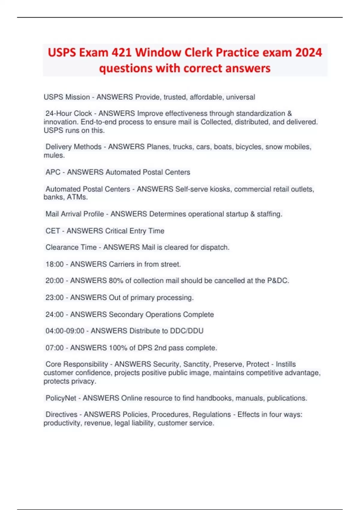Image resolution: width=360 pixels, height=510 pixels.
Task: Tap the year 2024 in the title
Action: (x=308, y=52)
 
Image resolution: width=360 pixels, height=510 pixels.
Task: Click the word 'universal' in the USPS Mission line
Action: (x=240, y=97)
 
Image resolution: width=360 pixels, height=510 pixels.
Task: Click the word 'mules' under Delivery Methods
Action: (x=54, y=155)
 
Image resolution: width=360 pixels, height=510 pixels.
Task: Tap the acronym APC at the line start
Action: (x=53, y=172)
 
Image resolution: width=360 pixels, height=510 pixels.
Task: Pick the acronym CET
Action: (x=52, y=231)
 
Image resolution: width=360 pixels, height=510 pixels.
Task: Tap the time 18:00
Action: (x=55, y=264)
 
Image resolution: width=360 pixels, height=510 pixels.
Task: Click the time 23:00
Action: (x=55, y=298)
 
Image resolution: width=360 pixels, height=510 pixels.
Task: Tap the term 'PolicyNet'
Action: (x=61, y=398)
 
